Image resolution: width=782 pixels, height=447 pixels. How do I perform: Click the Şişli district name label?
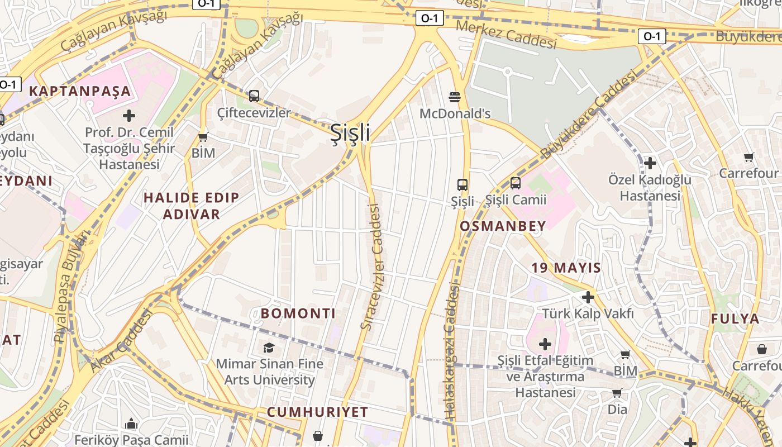coord(350,133)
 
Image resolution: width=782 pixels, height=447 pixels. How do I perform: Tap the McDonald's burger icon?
coord(455,97)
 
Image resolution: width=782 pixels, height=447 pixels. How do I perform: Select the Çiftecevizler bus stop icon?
coord(254,96)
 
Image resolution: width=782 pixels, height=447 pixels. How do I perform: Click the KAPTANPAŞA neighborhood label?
coord(80,91)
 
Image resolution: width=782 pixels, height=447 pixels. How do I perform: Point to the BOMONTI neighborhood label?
coord(298,313)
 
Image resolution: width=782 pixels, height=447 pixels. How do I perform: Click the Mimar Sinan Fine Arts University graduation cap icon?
coord(269,348)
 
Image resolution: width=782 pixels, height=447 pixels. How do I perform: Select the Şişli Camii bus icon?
coord(516,183)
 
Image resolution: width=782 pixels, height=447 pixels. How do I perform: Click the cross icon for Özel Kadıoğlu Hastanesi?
coord(650,163)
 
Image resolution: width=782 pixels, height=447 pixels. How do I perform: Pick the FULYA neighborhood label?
coord(735,319)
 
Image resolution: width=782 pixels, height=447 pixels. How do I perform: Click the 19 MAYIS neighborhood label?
coord(566,268)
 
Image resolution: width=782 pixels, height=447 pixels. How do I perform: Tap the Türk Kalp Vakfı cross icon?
coord(588,297)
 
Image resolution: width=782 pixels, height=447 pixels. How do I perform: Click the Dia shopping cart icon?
coord(617,393)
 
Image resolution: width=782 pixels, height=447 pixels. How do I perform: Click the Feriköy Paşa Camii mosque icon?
coord(131,424)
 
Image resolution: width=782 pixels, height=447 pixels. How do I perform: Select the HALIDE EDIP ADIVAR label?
coord(191,206)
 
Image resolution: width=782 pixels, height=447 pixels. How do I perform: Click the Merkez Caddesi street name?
coord(506,34)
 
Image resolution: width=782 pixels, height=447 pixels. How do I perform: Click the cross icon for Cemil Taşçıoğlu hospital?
coord(129,116)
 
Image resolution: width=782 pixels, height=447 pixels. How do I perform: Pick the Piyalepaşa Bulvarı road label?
coord(71,286)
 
